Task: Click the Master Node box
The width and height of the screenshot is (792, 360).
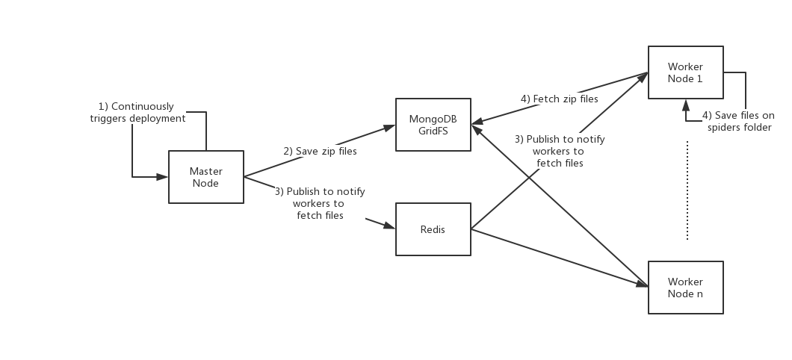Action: coord(205,177)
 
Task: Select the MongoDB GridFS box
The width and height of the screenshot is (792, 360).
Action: coord(433,125)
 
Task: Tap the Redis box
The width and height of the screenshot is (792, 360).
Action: coord(433,229)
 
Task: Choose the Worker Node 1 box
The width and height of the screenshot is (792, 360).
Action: coord(685,72)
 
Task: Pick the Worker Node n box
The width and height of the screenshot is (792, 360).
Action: coord(685,288)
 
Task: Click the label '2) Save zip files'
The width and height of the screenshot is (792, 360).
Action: coord(320,151)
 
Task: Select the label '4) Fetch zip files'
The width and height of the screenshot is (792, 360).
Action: coord(559,99)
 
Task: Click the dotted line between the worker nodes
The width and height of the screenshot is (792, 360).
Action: coord(687,190)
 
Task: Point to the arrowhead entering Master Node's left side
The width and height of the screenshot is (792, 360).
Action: coord(163,177)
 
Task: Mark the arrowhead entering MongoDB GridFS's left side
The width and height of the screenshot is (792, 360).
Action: coord(389,127)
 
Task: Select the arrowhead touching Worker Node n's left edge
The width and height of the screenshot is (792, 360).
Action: coord(643,284)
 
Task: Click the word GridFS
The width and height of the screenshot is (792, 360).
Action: coord(433,130)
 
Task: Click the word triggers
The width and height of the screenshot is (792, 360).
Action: coord(109,118)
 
